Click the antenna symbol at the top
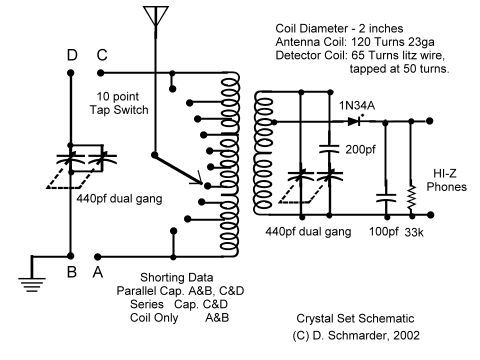point(152,18)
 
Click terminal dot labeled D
point(72,71)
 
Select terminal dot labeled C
point(102,71)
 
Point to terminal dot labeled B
point(72,252)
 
